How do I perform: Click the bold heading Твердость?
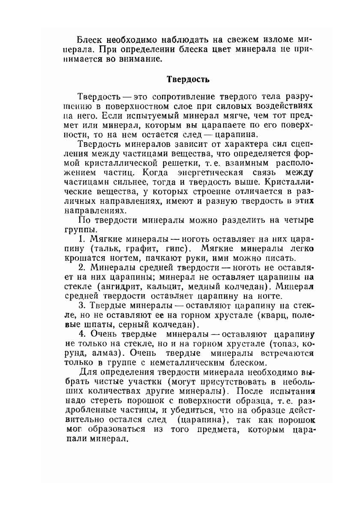pyautogui.click(x=181, y=79)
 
